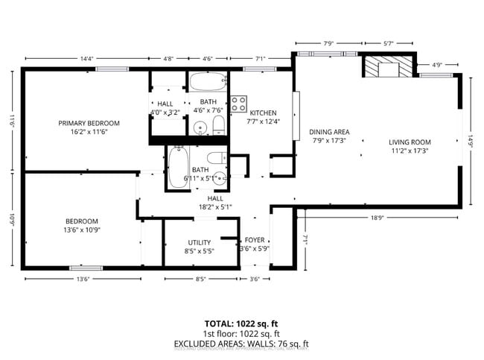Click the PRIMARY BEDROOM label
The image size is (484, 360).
(x=89, y=122)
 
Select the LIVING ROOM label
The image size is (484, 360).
(x=410, y=142)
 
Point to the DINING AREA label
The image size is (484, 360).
(x=329, y=132)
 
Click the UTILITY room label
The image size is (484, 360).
(x=200, y=242)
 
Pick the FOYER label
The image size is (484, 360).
(x=253, y=240)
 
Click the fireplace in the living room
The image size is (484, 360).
(x=388, y=68)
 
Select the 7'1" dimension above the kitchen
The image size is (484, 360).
(x=260, y=59)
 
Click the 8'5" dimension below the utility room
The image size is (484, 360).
(x=200, y=279)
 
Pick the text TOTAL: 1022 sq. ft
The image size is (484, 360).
(x=241, y=323)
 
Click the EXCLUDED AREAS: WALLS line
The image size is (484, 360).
(x=241, y=344)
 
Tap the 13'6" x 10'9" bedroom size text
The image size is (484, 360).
(x=81, y=230)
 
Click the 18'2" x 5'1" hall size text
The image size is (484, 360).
(x=215, y=207)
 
